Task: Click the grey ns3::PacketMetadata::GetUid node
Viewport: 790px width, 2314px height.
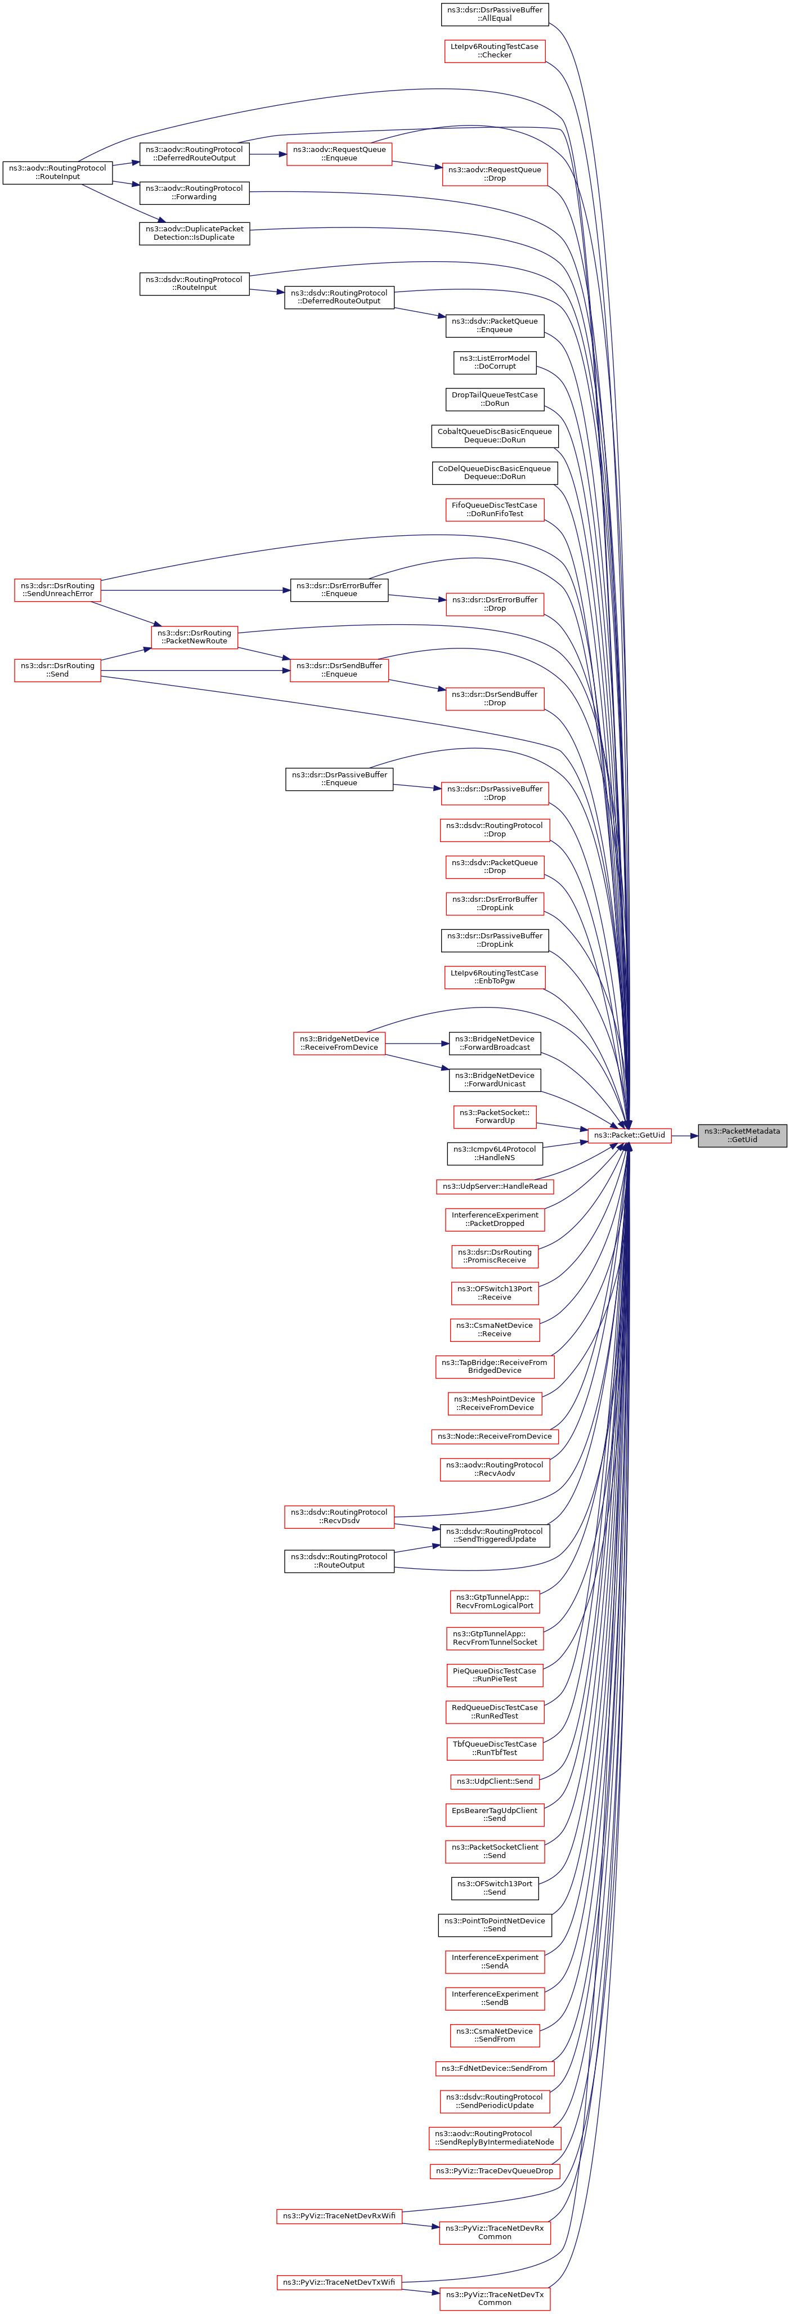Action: tap(742, 1135)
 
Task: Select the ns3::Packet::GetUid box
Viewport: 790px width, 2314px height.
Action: tap(629, 1135)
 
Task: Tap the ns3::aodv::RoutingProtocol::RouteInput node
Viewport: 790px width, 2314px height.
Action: tap(57, 172)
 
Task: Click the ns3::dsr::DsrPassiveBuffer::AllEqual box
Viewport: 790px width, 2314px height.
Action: tap(495, 14)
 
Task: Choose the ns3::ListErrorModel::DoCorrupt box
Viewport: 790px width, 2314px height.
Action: tap(495, 362)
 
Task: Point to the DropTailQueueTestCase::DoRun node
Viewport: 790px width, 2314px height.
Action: tap(495, 399)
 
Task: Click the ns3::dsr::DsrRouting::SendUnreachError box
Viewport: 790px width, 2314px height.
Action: tap(57, 590)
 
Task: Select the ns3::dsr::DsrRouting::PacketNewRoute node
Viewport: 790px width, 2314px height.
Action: tap(194, 637)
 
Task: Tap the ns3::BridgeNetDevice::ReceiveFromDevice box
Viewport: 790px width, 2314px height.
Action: tap(339, 1043)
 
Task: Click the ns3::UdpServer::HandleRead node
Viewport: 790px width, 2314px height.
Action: tap(495, 1186)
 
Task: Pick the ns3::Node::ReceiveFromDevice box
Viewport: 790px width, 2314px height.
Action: tap(495, 1436)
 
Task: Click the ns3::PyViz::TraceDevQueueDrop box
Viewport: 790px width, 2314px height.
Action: tap(495, 2170)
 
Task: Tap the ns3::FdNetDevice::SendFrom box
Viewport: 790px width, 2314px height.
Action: tap(495, 2068)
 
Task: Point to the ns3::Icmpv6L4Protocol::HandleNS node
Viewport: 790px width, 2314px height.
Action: tap(495, 1153)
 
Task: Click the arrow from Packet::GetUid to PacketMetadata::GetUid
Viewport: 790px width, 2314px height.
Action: tap(685, 1135)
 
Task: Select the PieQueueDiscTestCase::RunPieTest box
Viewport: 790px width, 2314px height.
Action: tap(495, 1675)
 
